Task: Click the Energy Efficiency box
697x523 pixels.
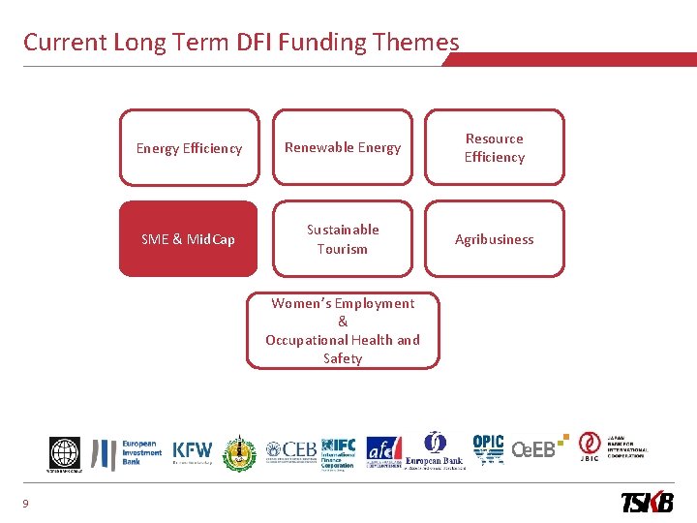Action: pyautogui.click(x=189, y=148)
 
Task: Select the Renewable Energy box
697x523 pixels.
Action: pyautogui.click(x=342, y=148)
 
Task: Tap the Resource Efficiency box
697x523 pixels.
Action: pyautogui.click(x=494, y=148)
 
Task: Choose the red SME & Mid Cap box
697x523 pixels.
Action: pyautogui.click(x=189, y=239)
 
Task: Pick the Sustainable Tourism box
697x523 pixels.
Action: pyautogui.click(x=342, y=239)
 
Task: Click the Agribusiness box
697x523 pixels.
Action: pyautogui.click(x=494, y=239)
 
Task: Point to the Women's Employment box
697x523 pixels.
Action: pyautogui.click(x=342, y=331)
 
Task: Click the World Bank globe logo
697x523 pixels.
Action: pyautogui.click(x=65, y=452)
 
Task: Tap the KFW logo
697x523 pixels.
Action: pyautogui.click(x=192, y=451)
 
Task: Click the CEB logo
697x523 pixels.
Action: pyautogui.click(x=290, y=450)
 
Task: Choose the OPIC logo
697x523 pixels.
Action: pyautogui.click(x=488, y=449)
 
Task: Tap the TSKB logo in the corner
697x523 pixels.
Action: pyautogui.click(x=648, y=502)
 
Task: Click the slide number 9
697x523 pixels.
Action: pyautogui.click(x=25, y=502)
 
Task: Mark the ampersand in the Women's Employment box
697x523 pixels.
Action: pyautogui.click(x=342, y=322)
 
